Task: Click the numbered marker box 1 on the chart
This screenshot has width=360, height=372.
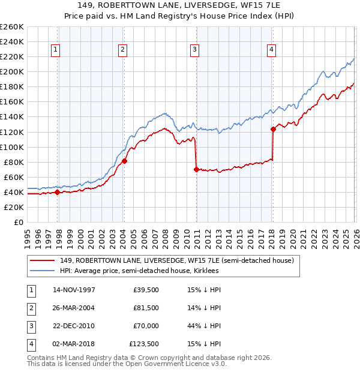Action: (x=55, y=50)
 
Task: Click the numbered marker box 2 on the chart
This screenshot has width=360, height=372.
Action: (x=122, y=50)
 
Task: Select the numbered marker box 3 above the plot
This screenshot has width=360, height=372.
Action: (x=195, y=50)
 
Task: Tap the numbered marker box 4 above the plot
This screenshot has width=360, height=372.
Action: (x=272, y=50)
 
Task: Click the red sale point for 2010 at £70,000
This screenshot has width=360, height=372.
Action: (x=196, y=169)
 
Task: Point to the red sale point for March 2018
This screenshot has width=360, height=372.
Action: (x=273, y=129)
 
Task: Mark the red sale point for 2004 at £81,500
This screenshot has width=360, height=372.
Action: (x=125, y=161)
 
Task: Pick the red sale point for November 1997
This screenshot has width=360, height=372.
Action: (x=58, y=193)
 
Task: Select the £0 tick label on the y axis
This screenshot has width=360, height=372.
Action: (x=19, y=222)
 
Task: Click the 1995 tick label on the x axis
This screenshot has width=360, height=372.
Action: (x=27, y=233)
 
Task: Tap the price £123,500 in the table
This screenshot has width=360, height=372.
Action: (x=144, y=344)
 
